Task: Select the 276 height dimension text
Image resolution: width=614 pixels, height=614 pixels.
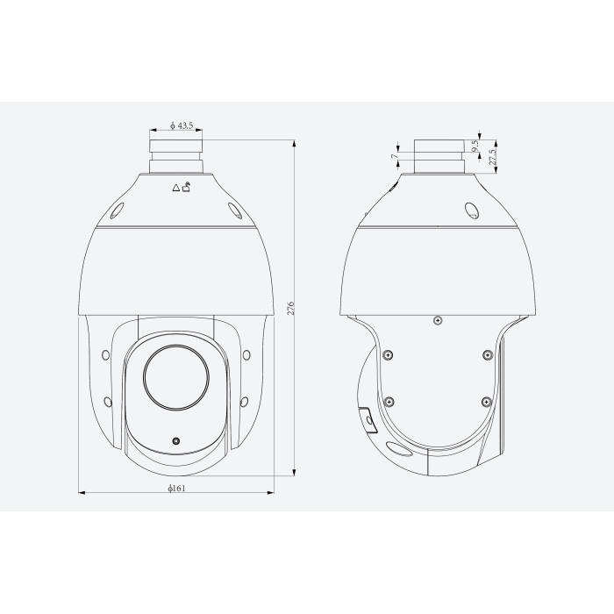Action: coord(290,308)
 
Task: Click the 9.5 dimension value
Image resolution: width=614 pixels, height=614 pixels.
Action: coord(475,148)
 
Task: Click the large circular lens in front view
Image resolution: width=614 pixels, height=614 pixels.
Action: coord(175,378)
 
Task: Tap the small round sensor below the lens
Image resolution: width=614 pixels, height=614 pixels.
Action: coord(175,440)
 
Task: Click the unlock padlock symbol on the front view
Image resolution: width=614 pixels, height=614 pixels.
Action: coord(187,185)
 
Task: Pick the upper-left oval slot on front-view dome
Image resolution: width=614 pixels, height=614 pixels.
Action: coord(116,211)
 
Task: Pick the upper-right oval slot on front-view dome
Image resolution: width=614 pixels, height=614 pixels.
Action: coord(235,211)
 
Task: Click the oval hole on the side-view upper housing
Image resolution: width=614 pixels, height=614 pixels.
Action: coord(470,211)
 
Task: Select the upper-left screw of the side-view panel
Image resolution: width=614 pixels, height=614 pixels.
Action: coord(389,355)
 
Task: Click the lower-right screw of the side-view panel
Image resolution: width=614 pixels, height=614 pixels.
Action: coord(486,401)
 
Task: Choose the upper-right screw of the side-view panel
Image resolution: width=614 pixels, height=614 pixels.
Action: coord(486,355)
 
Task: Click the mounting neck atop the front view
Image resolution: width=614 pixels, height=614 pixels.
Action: coord(175,153)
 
